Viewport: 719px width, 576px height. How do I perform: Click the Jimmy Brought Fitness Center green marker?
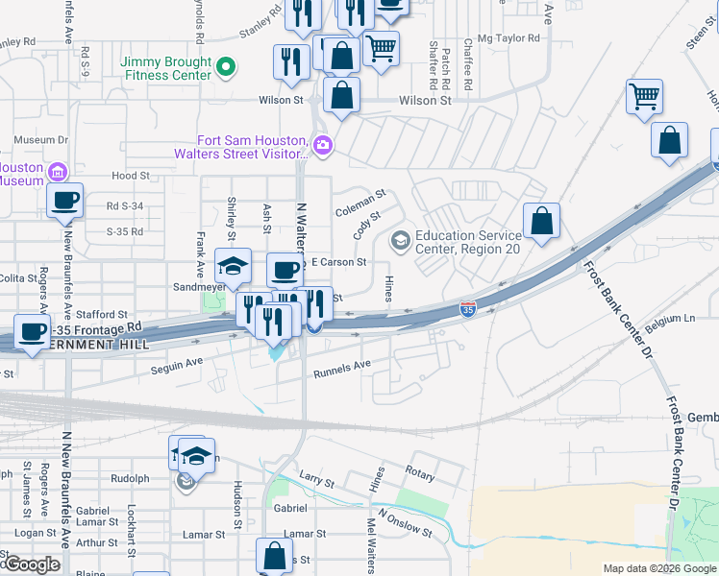227,66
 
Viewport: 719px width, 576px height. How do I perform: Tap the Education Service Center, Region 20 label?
470,242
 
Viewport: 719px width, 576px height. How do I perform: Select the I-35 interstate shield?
467,309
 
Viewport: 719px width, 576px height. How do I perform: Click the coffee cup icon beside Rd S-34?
65,202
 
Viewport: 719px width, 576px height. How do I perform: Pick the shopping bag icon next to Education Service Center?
542,221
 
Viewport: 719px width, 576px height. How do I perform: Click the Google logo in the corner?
31,564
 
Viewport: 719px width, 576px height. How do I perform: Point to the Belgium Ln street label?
670,319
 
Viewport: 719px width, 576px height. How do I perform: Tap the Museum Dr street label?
36,140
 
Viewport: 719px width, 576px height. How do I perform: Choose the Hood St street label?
131,176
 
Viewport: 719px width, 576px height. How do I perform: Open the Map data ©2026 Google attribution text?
657,568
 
